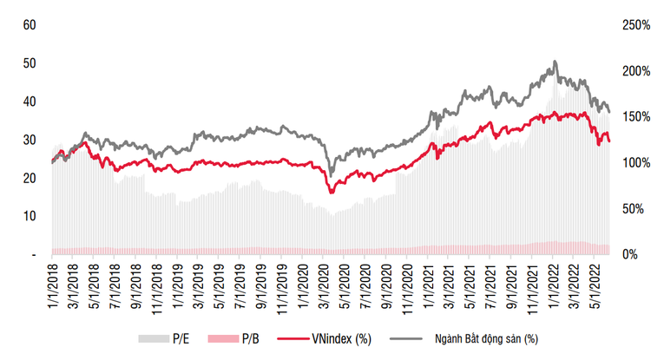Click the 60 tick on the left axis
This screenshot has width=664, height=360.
(29, 25)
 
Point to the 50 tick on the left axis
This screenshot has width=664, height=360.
(29, 63)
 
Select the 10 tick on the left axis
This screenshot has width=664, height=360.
(29, 216)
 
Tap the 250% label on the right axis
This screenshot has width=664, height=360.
(636, 25)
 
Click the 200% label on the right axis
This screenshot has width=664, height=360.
(636, 71)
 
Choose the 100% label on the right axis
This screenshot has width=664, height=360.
(636, 163)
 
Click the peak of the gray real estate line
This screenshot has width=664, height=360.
(555, 62)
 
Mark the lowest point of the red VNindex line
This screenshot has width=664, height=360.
(332, 193)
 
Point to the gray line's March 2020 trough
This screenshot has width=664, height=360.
(331, 171)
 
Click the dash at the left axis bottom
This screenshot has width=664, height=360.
(31, 254)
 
